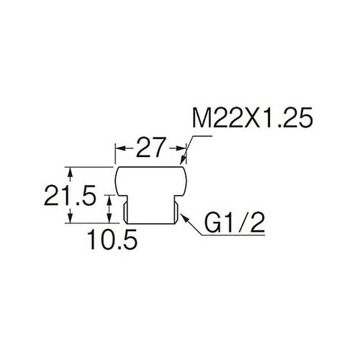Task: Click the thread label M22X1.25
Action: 253,118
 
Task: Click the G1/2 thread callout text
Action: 234,223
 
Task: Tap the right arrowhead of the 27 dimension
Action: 181,148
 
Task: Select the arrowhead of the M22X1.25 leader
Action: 183,160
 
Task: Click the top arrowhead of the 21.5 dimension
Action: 70,171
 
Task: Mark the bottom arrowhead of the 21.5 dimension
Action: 70,218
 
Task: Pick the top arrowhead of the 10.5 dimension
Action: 109,199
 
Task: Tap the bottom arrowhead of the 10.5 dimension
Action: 109,218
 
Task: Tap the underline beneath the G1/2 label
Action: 233,235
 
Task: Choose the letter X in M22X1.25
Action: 253,118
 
